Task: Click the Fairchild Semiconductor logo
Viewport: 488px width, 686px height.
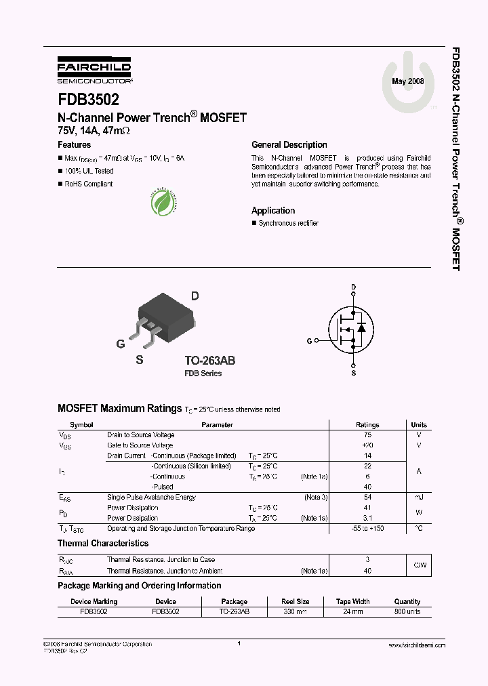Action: coord(94,69)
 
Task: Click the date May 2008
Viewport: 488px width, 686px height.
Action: coord(408,81)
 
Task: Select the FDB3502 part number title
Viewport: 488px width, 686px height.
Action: coord(88,99)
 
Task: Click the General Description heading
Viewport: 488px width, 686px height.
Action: coord(289,144)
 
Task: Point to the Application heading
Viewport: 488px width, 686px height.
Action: coord(273,210)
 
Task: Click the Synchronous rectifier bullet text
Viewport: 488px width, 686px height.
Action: coord(288,223)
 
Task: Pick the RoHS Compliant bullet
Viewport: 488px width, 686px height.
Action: coord(88,184)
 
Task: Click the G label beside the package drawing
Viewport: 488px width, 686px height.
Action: coord(121,344)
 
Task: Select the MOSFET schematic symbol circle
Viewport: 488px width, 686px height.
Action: coord(352,329)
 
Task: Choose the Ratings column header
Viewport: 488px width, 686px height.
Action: coord(367,425)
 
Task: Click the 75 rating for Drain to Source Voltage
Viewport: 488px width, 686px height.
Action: coord(367,435)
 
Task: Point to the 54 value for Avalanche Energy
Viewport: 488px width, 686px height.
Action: coord(367,497)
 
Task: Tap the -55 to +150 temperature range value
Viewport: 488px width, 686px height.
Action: coord(367,528)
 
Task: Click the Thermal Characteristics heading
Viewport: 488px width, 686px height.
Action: coord(103,543)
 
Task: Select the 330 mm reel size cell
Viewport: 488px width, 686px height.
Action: coord(295,611)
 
